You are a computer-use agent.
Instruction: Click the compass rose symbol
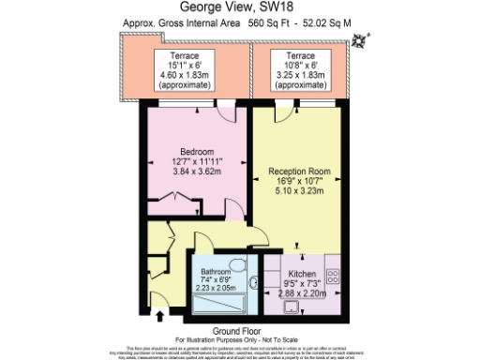[x=360, y=39]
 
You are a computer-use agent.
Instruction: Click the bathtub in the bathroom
[x=221, y=303]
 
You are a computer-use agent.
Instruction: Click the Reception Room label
[x=300, y=171]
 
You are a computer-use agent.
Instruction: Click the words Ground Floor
[x=234, y=330]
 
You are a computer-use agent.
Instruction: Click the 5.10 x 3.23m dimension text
[x=300, y=191]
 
